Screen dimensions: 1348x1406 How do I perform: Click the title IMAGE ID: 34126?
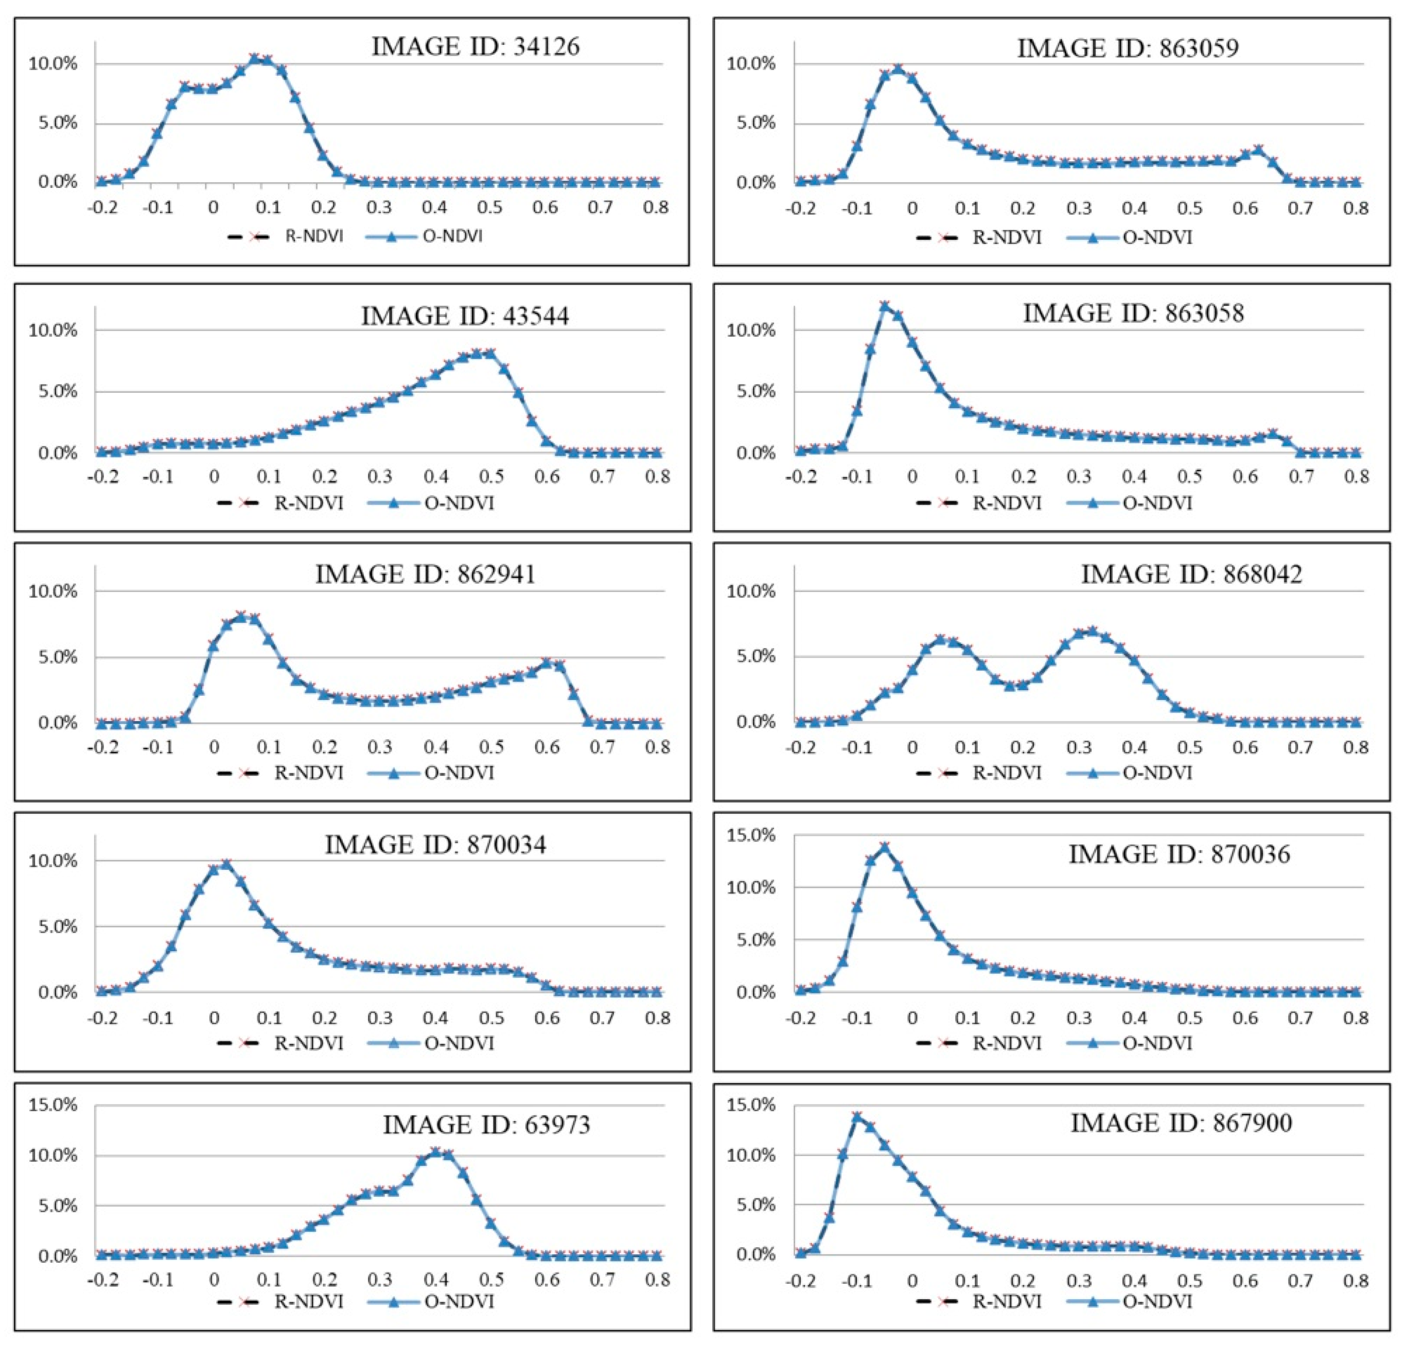click(x=475, y=47)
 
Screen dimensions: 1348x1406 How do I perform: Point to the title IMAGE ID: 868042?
click(x=1191, y=574)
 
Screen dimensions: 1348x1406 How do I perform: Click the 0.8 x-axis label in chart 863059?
click(x=1355, y=209)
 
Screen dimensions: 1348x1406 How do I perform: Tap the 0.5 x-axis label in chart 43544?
click(x=491, y=477)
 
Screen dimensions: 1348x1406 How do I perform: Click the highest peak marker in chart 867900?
click(x=856, y=1117)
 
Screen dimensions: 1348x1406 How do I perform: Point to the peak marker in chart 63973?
click(x=435, y=1152)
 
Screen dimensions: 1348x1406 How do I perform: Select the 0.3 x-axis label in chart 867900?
click(x=1078, y=1281)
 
